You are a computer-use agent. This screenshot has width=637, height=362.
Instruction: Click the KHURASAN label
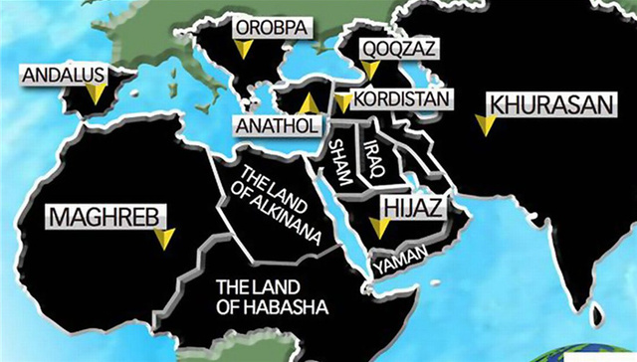pyautogui.click(x=534, y=103)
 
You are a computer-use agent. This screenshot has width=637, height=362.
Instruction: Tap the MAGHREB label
pyautogui.click(x=96, y=215)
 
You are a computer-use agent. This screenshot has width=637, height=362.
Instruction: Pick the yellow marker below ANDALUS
pyautogui.click(x=96, y=93)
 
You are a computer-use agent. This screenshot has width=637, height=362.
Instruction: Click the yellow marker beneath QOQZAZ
pyautogui.click(x=370, y=70)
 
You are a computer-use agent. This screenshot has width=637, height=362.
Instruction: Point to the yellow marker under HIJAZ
pyautogui.click(x=379, y=228)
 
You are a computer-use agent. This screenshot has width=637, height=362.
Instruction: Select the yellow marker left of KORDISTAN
pyautogui.click(x=342, y=101)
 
